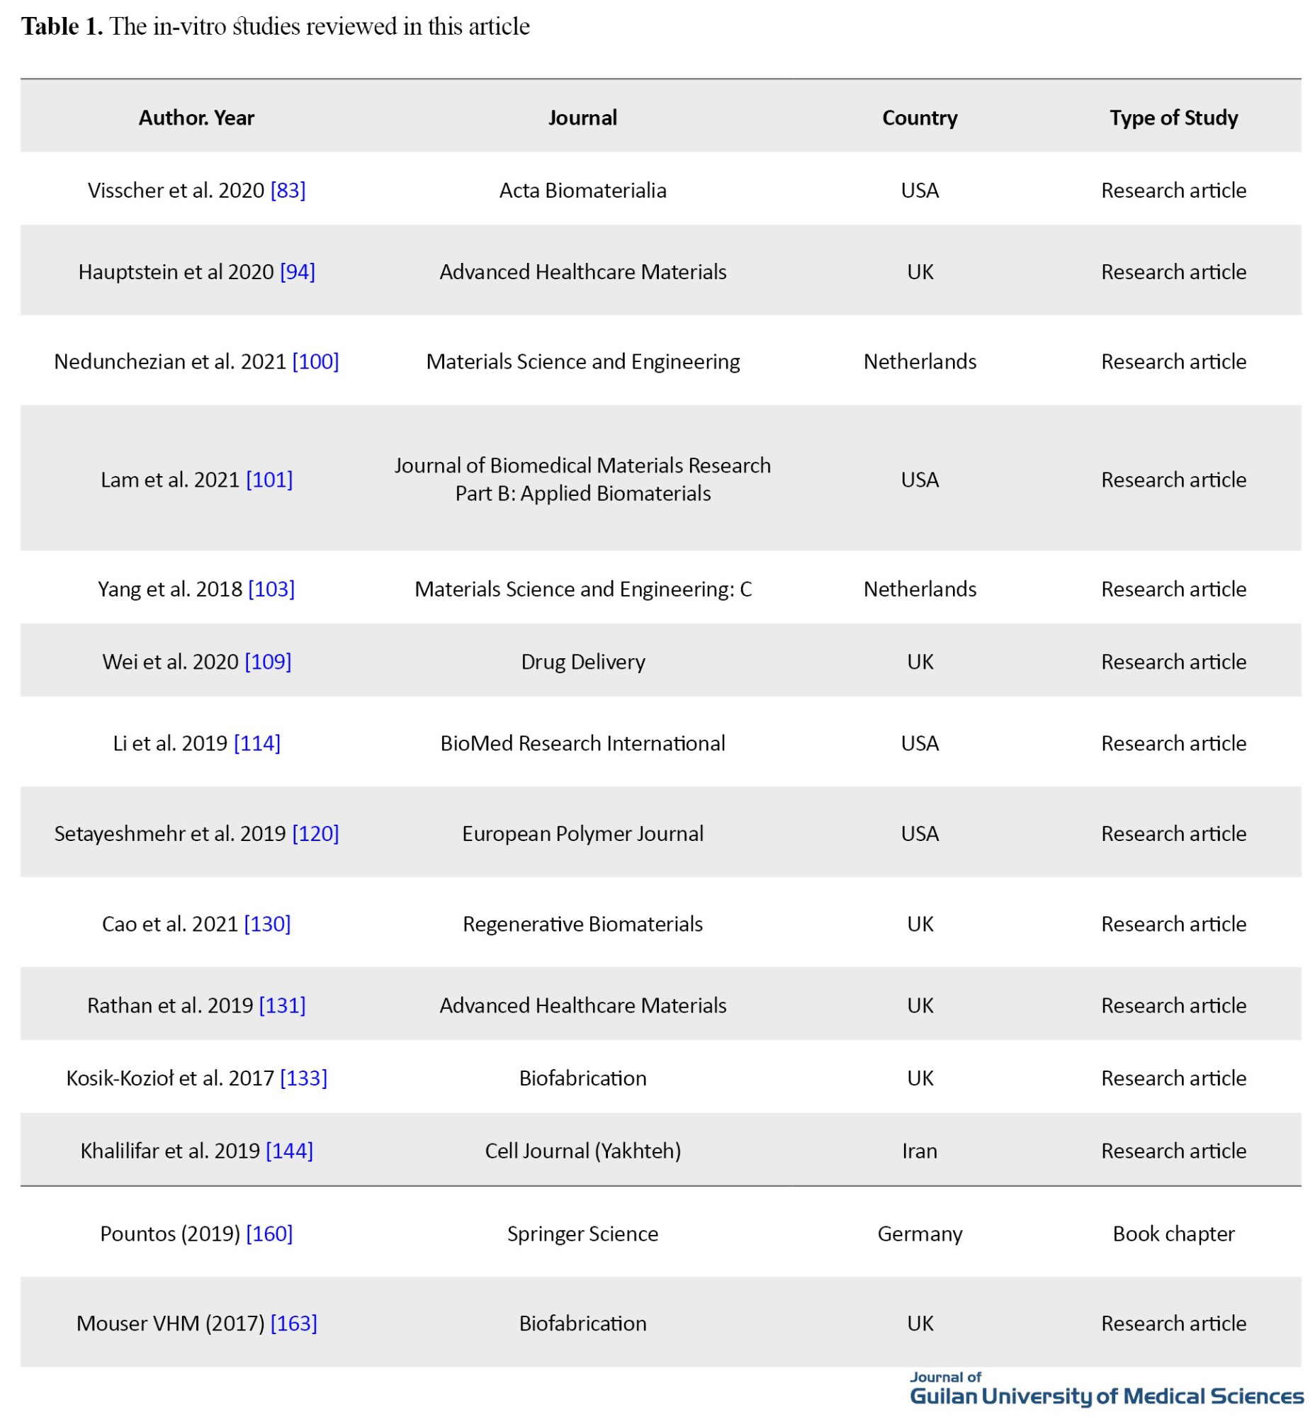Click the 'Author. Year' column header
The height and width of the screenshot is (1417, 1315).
pos(196,118)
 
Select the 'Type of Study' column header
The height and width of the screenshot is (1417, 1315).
pos(1173,118)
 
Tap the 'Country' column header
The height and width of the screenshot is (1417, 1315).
pos(920,118)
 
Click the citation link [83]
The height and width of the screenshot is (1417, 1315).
pos(288,191)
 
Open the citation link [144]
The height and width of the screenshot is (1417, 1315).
pos(290,1151)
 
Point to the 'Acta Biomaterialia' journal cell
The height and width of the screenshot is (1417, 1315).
pos(583,191)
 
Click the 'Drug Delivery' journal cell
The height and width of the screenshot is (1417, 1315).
pos(583,662)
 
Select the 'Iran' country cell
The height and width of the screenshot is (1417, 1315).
pos(920,1151)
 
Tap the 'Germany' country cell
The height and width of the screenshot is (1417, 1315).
pos(920,1233)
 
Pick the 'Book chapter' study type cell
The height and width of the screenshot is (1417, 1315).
pos(1173,1233)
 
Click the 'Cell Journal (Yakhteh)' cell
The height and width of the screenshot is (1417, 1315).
pos(583,1151)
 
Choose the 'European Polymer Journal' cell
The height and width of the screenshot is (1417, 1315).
pos(583,833)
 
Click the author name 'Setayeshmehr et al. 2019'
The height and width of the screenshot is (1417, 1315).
pos(170,833)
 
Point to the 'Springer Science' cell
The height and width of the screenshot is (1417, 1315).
pos(583,1233)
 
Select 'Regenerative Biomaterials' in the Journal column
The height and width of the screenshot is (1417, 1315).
pos(583,924)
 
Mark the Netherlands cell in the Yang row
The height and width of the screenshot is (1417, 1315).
pos(920,589)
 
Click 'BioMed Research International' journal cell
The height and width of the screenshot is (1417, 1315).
pos(583,744)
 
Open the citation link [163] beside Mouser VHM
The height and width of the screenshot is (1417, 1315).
pos(294,1323)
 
